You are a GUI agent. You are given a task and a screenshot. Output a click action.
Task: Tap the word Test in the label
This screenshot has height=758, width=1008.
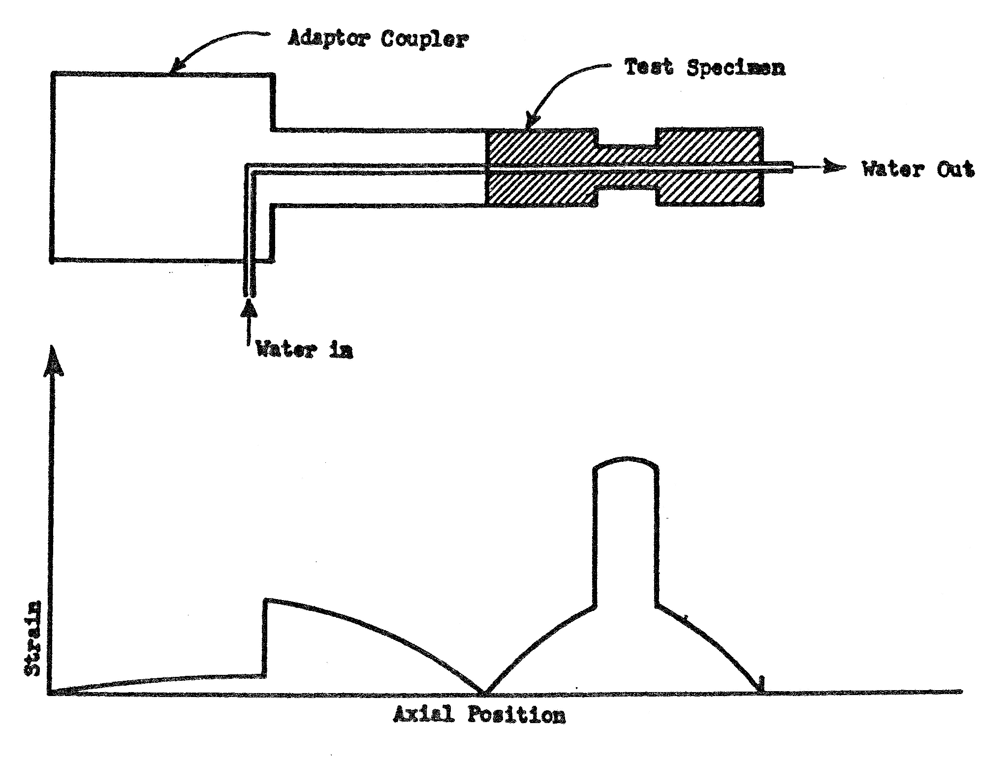click(648, 67)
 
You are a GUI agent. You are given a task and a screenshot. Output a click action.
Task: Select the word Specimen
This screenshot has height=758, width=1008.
click(735, 68)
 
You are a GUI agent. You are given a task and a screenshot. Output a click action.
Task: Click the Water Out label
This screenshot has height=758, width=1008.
click(918, 169)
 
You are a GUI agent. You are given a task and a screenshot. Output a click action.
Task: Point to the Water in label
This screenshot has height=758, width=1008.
click(305, 350)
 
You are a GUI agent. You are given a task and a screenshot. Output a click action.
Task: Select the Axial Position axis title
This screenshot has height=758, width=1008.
click(479, 715)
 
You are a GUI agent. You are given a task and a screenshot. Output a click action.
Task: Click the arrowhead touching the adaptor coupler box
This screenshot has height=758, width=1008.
click(176, 68)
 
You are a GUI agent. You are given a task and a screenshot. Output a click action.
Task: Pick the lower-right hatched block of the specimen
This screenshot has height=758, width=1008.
click(710, 189)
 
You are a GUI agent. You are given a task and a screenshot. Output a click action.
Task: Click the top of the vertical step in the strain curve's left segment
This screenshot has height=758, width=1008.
click(266, 600)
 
